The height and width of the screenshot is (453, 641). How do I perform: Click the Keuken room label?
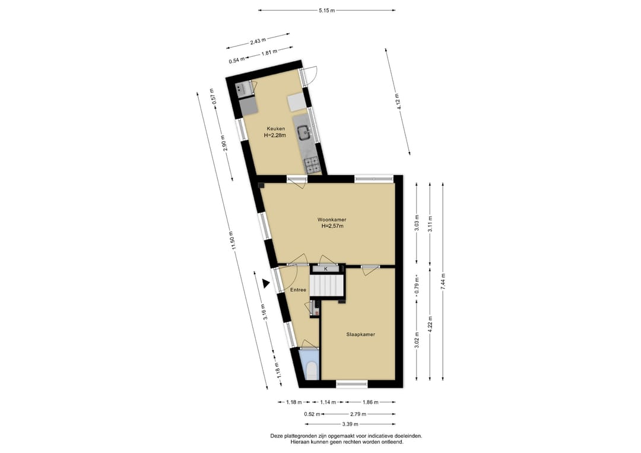pos(276,129)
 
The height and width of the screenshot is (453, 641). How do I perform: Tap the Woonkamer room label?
pos(332,220)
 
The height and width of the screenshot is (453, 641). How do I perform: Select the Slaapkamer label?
pos(361,334)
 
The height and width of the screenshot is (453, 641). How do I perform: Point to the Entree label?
pos(298,290)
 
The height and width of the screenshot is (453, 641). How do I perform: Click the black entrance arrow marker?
pos(266,283)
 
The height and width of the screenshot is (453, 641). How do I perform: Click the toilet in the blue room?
pos(312,370)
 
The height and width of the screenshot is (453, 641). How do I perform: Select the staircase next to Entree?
pos(325,285)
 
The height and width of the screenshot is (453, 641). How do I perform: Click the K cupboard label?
pos(326,269)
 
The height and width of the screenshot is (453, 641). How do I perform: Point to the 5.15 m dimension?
pos(326,10)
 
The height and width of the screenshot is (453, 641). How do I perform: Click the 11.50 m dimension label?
pos(233,243)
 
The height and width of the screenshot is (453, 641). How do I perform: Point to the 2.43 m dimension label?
pos(258,40)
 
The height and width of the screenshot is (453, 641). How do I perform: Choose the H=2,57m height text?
pos(332,226)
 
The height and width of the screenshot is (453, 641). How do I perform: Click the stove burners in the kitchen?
pos(312,165)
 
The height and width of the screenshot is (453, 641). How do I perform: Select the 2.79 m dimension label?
pos(358,414)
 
